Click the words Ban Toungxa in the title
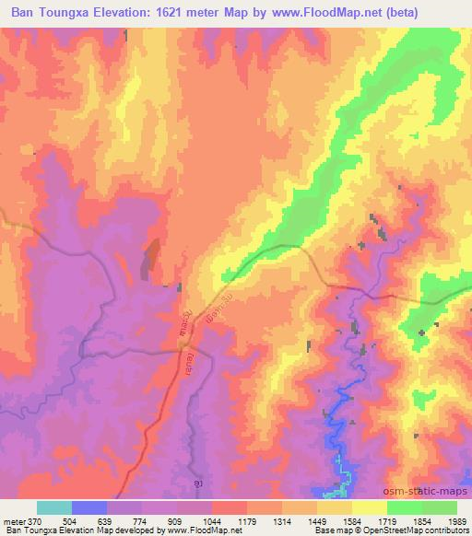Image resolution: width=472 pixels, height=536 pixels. [x=53, y=13]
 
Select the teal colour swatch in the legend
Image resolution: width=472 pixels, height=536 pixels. [x=53, y=507]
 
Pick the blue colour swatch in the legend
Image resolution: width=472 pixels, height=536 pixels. [x=88, y=507]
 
